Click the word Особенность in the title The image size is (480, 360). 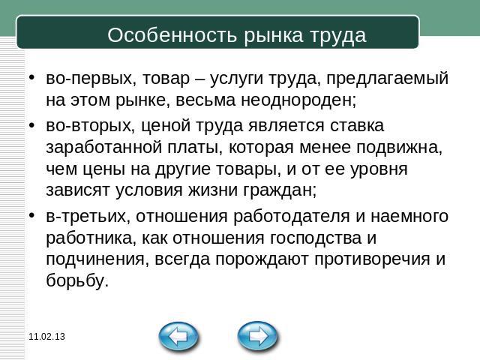[x=172, y=35]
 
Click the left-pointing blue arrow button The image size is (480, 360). [x=178, y=337]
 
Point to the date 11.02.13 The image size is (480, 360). [x=46, y=337]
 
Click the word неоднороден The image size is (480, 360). [x=298, y=100]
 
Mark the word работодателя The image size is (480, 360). [x=292, y=217]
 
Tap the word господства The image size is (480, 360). [x=316, y=238]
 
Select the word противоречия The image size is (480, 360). [x=372, y=260]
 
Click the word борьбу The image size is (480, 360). [x=77, y=280]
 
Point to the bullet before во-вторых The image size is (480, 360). [x=31, y=125]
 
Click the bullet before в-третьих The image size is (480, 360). [x=31, y=215]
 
